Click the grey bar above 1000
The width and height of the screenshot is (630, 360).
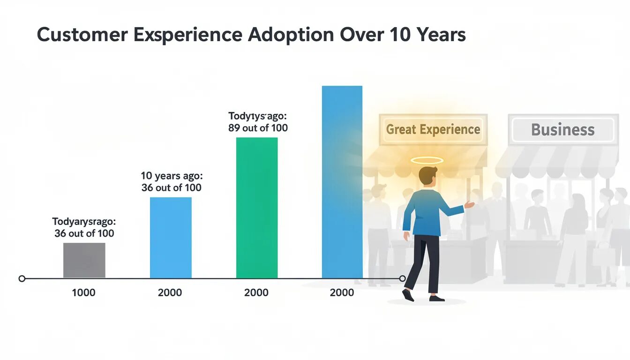(84, 260)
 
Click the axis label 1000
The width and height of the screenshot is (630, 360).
(83, 293)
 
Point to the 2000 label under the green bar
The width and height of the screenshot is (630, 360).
(256, 293)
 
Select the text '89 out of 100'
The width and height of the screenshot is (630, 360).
(258, 127)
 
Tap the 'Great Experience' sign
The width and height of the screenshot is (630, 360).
(433, 129)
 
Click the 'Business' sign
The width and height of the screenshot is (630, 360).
(562, 129)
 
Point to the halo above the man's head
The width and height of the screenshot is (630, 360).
(427, 160)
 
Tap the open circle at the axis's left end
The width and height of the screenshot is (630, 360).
(22, 278)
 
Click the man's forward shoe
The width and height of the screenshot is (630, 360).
(408, 295)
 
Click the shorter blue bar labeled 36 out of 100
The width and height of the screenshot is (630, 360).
(171, 238)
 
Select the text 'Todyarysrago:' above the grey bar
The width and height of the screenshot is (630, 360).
(84, 221)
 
